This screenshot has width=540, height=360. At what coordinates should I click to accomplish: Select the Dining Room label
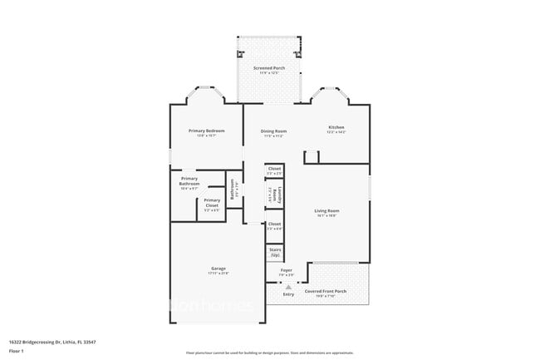(x=274, y=131)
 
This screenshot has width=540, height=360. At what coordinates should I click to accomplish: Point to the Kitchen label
(x=336, y=127)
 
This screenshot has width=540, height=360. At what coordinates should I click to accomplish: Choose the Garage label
(x=218, y=269)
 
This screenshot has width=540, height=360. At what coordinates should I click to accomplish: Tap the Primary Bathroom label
(x=189, y=182)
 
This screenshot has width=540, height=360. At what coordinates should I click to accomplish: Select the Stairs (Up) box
(x=274, y=250)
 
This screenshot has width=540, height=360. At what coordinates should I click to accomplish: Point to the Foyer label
(x=286, y=270)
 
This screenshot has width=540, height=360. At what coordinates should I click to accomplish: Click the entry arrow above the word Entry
(x=288, y=286)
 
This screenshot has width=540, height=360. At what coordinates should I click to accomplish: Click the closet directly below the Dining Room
(x=274, y=170)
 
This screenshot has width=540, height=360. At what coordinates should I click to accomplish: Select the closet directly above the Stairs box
(x=274, y=225)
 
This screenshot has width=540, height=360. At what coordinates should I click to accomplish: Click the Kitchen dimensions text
(x=336, y=132)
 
